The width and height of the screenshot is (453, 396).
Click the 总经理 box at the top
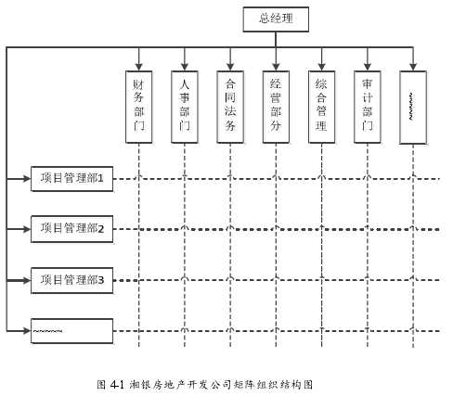(x=276, y=19)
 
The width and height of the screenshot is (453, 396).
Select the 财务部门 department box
(x=139, y=107)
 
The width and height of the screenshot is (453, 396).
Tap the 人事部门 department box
(x=185, y=107)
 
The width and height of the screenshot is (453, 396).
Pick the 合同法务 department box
(x=230, y=107)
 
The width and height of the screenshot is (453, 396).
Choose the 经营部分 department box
(x=276, y=107)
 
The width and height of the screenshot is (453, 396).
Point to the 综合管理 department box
(x=322, y=107)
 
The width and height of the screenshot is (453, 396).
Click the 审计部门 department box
(x=368, y=107)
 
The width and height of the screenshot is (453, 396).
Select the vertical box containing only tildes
(x=413, y=108)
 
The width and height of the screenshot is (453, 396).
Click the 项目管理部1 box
(x=71, y=179)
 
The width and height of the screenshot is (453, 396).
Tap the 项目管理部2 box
(x=71, y=229)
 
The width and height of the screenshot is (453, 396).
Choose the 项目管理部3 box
(x=71, y=280)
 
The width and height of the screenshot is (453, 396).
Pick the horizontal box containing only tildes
(x=71, y=331)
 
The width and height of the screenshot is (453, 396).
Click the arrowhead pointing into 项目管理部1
(x=27, y=178)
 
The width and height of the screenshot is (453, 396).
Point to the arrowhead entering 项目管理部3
(x=27, y=280)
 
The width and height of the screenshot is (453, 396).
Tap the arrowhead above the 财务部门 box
(x=139, y=67)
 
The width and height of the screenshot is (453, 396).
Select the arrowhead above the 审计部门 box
(x=368, y=67)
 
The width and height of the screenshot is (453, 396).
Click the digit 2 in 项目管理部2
(x=101, y=229)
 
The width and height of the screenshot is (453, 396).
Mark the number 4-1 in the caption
(x=117, y=385)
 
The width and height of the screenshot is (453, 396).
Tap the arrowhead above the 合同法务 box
(x=230, y=67)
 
